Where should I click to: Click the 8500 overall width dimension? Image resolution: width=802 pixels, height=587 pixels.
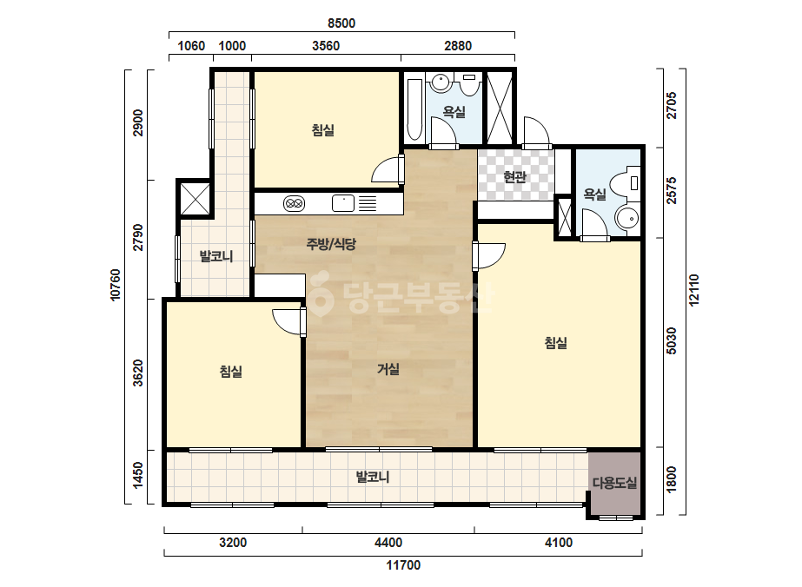click(x=341, y=23)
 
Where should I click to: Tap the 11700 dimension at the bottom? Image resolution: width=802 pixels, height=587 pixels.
click(x=403, y=565)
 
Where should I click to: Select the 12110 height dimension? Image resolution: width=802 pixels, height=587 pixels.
click(x=693, y=290)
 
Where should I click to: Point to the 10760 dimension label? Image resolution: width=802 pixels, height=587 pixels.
click(x=116, y=285)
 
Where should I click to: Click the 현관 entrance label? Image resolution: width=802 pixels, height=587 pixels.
click(x=514, y=177)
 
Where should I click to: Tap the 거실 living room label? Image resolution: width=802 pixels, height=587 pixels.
click(x=388, y=369)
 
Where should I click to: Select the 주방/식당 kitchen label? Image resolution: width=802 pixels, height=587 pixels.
click(x=331, y=244)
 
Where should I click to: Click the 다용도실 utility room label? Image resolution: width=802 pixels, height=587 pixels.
click(x=615, y=482)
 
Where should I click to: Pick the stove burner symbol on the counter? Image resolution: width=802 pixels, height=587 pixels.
click(x=294, y=203)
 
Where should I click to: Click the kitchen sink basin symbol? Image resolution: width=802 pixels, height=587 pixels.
click(x=343, y=203)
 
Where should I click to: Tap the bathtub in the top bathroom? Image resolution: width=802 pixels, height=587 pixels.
click(x=414, y=109)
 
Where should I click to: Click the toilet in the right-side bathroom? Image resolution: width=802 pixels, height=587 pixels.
click(x=627, y=183)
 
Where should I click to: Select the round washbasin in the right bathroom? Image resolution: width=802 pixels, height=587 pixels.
click(x=627, y=219)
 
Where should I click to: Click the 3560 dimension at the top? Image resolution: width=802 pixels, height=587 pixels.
click(x=326, y=46)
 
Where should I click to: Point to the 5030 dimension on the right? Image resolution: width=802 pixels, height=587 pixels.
click(x=672, y=341)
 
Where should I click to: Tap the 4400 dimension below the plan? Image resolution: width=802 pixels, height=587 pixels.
click(x=388, y=543)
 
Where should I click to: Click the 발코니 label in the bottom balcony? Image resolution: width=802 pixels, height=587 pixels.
click(x=373, y=477)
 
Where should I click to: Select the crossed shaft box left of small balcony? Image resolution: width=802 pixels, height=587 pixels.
click(x=195, y=198)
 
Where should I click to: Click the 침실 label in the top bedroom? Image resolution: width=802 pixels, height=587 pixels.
click(x=322, y=130)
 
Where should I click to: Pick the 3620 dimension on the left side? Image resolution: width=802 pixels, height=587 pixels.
click(x=138, y=373)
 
